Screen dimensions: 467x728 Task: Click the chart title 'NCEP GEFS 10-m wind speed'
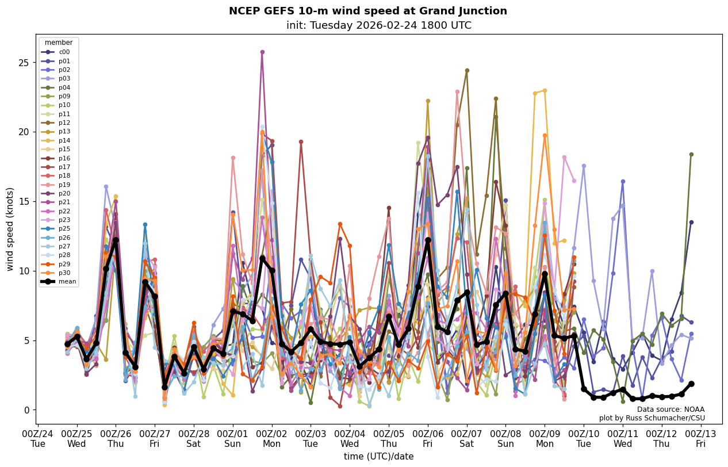[x=367, y=11]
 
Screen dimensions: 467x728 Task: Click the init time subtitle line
[x=378, y=25]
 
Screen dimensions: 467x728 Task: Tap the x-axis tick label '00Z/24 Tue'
[x=37, y=438]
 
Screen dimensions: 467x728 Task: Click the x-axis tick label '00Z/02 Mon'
[x=272, y=438]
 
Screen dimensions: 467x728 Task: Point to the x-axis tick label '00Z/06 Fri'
[x=428, y=438]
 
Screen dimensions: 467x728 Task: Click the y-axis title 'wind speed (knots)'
[x=10, y=229]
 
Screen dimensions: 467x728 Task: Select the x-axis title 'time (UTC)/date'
[x=378, y=457]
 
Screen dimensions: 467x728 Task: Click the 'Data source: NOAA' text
[x=670, y=409]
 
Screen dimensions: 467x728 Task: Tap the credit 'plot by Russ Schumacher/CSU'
[x=652, y=418]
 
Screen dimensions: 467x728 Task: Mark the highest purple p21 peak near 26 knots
[x=262, y=52]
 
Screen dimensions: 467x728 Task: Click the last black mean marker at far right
[x=691, y=384]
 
